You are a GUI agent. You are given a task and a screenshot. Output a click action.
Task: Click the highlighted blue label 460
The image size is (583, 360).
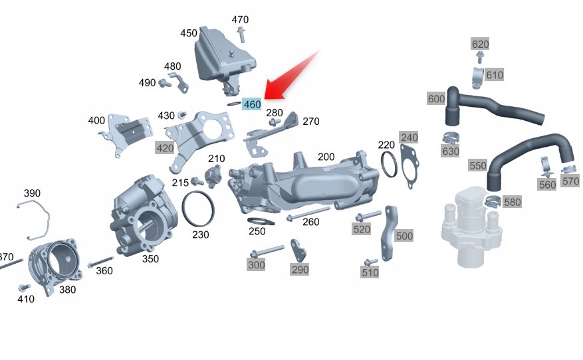click(x=252, y=104)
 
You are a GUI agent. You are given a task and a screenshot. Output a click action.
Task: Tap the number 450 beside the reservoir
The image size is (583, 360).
click(x=189, y=33)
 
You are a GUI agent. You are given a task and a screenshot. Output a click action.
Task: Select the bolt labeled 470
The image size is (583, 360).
click(x=240, y=33)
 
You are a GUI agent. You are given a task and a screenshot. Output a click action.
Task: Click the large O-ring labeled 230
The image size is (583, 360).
click(x=198, y=209)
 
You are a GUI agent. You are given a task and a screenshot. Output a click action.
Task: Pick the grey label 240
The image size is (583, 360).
click(x=409, y=137)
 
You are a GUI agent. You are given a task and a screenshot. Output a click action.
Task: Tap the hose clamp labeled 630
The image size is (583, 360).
click(x=450, y=139)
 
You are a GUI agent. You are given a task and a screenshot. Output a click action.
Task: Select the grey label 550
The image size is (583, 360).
click(x=478, y=165)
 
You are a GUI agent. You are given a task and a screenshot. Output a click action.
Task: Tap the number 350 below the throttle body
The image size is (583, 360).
click(x=150, y=258)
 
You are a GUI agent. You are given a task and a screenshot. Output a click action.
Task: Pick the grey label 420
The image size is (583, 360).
click(x=165, y=147)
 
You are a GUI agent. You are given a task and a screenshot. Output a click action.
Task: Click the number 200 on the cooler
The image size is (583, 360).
click(x=326, y=157)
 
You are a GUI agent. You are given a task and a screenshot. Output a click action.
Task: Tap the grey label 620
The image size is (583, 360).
click(x=480, y=44)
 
